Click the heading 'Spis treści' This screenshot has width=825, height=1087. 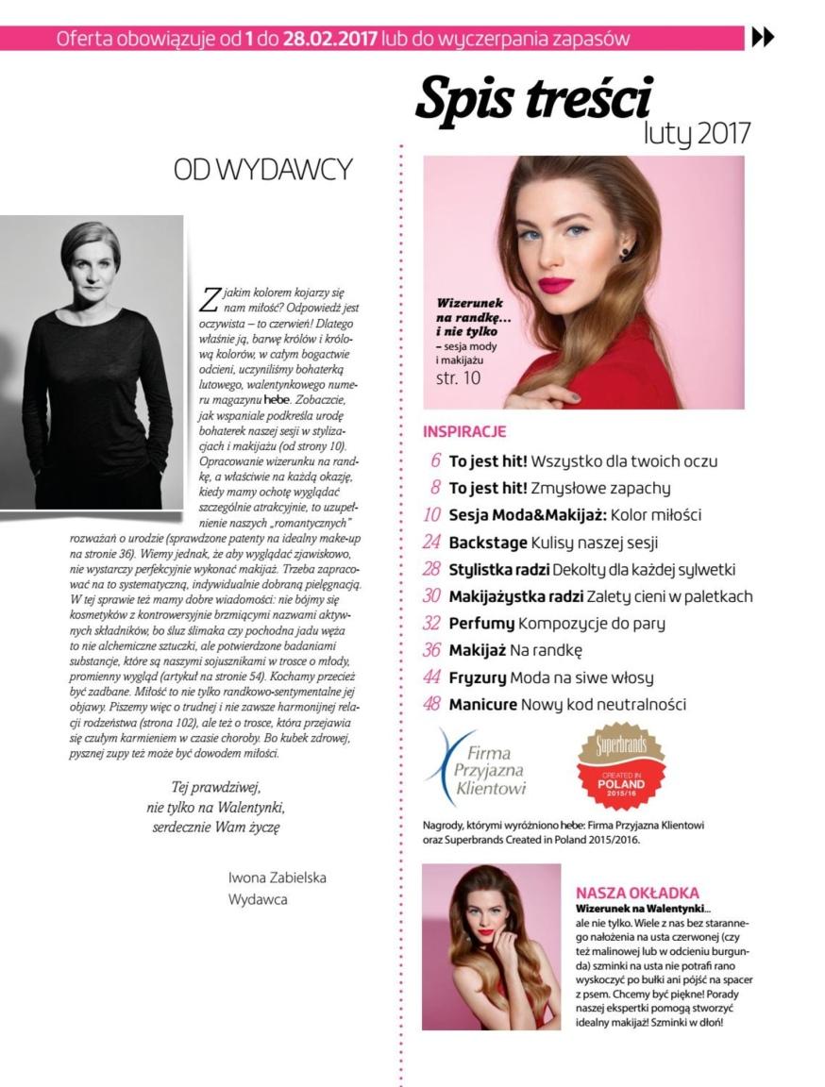(533, 99)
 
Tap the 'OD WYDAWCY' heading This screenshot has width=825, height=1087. (263, 170)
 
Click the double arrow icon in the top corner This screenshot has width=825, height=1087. (762, 38)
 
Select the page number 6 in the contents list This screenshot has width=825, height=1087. (436, 461)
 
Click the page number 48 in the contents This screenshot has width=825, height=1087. (433, 705)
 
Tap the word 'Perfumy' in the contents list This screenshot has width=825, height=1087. (481, 624)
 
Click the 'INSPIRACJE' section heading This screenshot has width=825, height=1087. (464, 432)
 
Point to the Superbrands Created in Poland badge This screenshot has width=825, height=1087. (620, 765)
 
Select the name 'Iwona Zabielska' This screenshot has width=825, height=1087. (278, 878)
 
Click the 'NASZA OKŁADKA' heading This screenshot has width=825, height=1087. (637, 893)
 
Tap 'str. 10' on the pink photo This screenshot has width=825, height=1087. (458, 378)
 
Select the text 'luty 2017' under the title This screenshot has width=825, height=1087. (697, 133)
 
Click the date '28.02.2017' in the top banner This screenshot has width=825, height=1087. (325, 39)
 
